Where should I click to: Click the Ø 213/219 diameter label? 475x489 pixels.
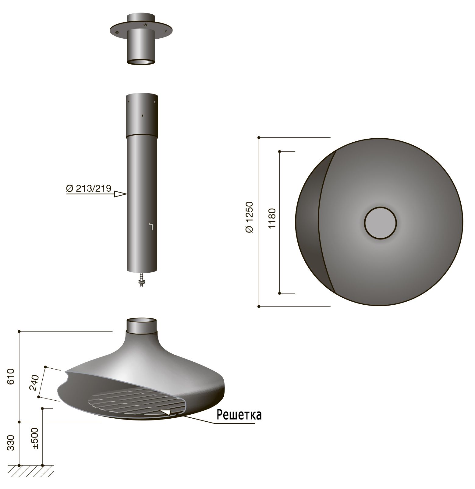coord(89,188)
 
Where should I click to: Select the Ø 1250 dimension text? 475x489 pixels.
coord(250,217)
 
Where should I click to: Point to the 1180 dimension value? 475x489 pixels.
coord(272,219)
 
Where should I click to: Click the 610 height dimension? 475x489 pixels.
coord(11,376)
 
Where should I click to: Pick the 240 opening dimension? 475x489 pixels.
coord(34,383)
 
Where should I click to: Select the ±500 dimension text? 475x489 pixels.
coord(35,438)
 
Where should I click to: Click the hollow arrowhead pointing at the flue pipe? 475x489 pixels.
coord(120,194)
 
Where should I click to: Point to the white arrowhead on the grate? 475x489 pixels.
coord(166,412)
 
